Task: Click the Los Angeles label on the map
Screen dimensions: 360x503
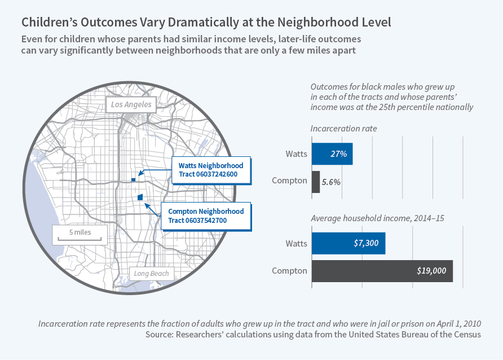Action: pos(131,104)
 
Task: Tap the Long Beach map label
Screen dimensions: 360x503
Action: pos(151,274)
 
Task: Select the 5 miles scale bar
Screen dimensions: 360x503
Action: pos(80,235)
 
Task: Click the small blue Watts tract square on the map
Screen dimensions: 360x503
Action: pos(133,179)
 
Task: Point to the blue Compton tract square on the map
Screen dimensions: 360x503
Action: pos(140,197)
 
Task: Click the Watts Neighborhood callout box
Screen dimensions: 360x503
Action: pos(211,170)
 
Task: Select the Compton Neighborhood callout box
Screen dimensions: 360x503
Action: pos(206,216)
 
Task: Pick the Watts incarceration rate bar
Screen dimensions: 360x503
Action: pos(332,153)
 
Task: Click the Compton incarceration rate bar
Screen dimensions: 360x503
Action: pos(315,182)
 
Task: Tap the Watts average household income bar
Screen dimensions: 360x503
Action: pos(348,243)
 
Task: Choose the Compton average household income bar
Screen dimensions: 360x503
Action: pos(382,271)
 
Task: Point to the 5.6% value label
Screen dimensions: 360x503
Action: pos(331,182)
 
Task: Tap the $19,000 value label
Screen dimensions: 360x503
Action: pos(431,271)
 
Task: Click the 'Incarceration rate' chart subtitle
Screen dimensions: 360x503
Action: pos(343,129)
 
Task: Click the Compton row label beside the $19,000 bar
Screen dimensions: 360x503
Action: pos(289,271)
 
